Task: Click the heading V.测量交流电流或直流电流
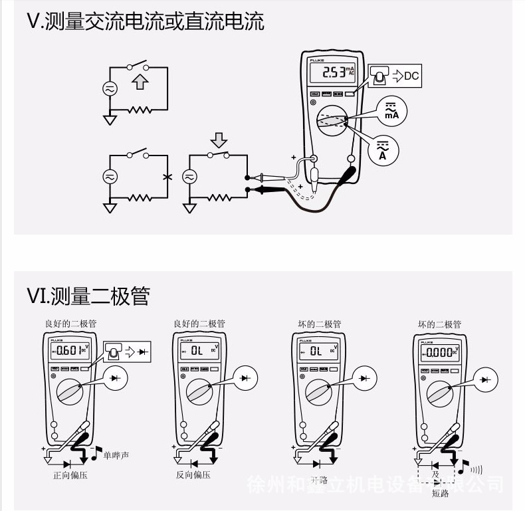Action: point(146,21)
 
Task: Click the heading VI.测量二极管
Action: point(88,295)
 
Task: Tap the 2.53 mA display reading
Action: point(332,72)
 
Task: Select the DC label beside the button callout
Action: point(411,76)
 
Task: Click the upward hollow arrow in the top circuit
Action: point(139,82)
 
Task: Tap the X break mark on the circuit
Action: point(167,177)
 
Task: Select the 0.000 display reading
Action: point(440,352)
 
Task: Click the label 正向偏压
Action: point(70,475)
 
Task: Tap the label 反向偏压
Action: point(193,475)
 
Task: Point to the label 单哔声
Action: point(116,455)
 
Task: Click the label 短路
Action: point(441,493)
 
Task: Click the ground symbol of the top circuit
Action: point(108,120)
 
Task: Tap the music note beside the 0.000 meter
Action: point(464,466)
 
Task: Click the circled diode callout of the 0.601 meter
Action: point(119,377)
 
